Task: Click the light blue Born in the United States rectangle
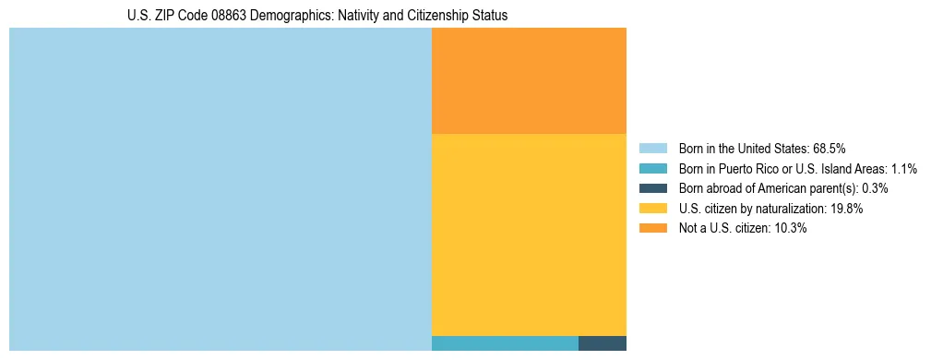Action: click(x=220, y=189)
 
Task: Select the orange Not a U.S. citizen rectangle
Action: click(x=529, y=80)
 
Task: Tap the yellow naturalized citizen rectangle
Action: click(x=529, y=234)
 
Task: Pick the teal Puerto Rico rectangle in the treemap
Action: click(x=505, y=343)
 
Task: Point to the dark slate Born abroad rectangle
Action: click(x=603, y=343)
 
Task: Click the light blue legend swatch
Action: click(x=652, y=149)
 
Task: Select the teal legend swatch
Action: click(x=652, y=168)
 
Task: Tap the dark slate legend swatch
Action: click(x=652, y=188)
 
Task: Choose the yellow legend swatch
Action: click(x=652, y=209)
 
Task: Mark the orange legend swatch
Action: click(x=652, y=228)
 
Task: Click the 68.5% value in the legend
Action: click(x=830, y=149)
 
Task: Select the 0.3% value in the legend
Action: click(x=875, y=188)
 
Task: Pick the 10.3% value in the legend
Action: click(x=791, y=228)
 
